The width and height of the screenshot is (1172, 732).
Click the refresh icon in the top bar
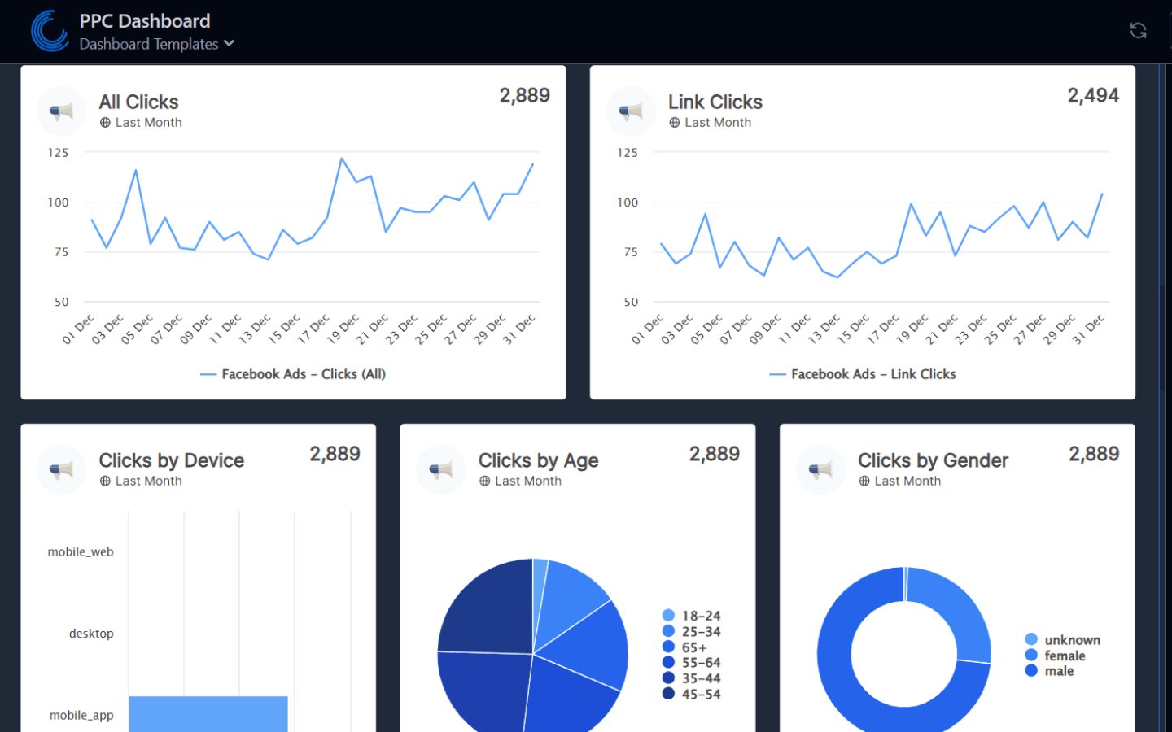[x=1138, y=31]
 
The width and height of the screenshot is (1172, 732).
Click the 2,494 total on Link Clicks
[x=1092, y=96]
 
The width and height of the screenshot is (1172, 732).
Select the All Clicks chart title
[x=138, y=102]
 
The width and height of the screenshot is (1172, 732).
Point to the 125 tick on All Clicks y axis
[x=58, y=153]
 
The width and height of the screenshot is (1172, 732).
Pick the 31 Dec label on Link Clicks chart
[x=1089, y=329]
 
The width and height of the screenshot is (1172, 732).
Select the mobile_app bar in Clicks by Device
[x=208, y=713]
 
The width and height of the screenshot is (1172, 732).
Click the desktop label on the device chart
[x=91, y=634]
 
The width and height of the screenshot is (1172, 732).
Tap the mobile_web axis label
[x=81, y=552]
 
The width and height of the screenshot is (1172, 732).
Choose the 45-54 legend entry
[x=700, y=694]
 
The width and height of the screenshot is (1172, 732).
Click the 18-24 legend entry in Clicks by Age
[x=700, y=616]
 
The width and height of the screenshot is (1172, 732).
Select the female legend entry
[x=1064, y=656]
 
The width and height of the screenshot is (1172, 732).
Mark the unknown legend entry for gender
[x=1071, y=640]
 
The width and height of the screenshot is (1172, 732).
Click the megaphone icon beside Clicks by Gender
[x=820, y=469]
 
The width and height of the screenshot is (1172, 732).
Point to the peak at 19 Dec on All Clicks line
[x=342, y=159]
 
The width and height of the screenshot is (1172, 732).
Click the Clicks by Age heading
[x=538, y=460]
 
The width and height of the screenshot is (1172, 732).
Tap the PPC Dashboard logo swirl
[x=50, y=31]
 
